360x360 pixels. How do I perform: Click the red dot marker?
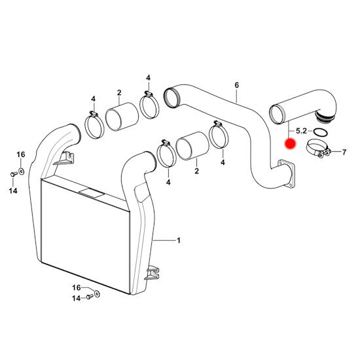pyautogui.click(x=290, y=143)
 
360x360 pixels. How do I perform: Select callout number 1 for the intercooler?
pyautogui.click(x=179, y=241)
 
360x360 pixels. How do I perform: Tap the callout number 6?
pyautogui.click(x=237, y=85)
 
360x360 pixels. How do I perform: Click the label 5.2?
pyautogui.click(x=301, y=131)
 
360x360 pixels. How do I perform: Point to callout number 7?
pyautogui.click(x=344, y=152)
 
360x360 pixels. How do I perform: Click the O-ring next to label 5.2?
pyautogui.click(x=320, y=132)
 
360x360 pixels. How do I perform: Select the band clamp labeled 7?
pyautogui.click(x=319, y=149)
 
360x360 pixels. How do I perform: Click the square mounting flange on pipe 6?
pyautogui.click(x=286, y=174)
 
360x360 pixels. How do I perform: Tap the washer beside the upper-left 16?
pyautogui.click(x=22, y=171)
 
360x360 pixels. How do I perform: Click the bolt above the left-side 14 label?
pyautogui.click(x=14, y=174)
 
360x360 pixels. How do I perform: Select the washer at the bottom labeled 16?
pyautogui.click(x=97, y=294)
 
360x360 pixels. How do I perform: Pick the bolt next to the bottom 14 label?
pyautogui.click(x=90, y=297)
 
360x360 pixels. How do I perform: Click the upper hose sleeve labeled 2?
pyautogui.click(x=122, y=117)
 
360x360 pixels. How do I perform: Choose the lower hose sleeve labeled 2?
pyautogui.click(x=192, y=146)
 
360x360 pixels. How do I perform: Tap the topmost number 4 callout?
pyautogui.click(x=149, y=78)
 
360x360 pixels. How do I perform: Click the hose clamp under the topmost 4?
pyautogui.click(x=149, y=105)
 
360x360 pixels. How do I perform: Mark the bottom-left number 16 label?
pyautogui.click(x=77, y=287)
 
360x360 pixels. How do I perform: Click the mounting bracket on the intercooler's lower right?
pyautogui.click(x=152, y=273)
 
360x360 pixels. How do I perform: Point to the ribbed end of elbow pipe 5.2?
pyautogui.click(x=323, y=117)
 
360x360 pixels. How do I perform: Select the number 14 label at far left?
pyautogui.click(x=13, y=190)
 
